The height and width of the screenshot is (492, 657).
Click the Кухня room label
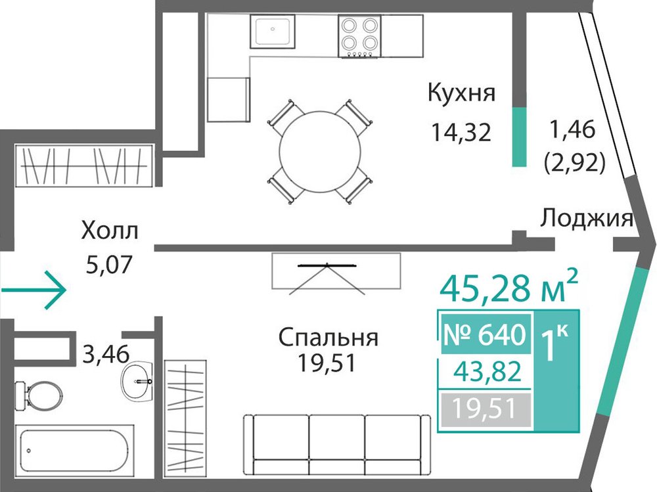[x=461, y=93]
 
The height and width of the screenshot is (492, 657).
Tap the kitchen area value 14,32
[x=461, y=132]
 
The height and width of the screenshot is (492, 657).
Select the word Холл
[x=110, y=231]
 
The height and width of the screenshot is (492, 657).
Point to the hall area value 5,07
[x=109, y=263]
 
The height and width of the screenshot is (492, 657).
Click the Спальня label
[x=328, y=338]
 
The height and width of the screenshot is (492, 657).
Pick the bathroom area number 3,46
[x=106, y=354]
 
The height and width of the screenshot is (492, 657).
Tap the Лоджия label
[x=586, y=218]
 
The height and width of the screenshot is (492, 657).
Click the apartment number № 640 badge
[x=486, y=334]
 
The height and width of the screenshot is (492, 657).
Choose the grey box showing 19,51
[x=486, y=408]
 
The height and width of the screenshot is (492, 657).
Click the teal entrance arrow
[x=33, y=290]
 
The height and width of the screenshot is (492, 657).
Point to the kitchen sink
[x=273, y=31]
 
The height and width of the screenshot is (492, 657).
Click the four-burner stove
[x=359, y=37]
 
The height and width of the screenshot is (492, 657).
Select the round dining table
[x=319, y=152]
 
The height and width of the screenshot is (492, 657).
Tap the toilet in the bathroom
[x=38, y=395]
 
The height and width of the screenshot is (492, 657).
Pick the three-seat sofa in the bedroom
[x=337, y=445]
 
